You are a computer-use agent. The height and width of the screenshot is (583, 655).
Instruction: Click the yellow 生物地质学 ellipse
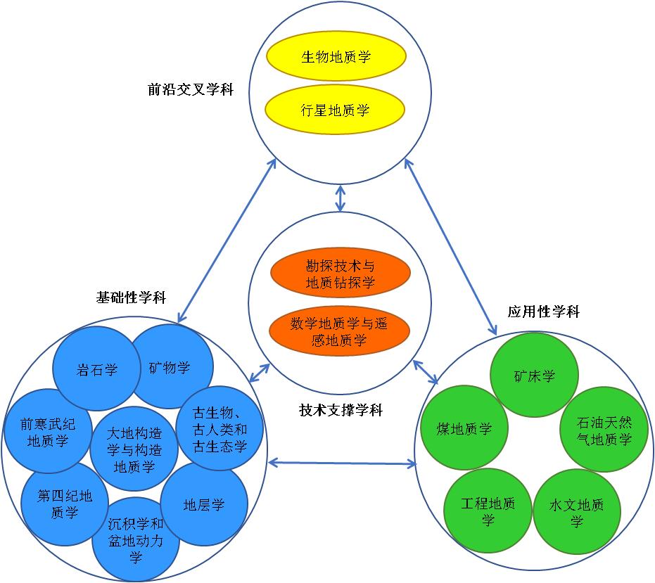pos(336,57)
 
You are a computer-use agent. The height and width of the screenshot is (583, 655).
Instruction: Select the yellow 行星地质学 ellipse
pos(336,110)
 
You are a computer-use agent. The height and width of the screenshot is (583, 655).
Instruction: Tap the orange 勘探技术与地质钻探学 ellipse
pos(341,274)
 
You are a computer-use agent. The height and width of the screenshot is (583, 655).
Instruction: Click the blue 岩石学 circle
pos(96,369)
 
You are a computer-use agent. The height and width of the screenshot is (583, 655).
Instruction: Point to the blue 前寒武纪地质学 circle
pos(47,431)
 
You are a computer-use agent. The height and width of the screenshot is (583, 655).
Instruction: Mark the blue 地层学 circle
pos(204,504)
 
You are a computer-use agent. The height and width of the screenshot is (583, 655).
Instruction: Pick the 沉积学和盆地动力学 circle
pos(135,538)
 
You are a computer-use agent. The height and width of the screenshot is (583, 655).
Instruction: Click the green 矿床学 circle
pos(534,376)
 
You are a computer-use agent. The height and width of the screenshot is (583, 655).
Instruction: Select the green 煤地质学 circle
pos(464,428)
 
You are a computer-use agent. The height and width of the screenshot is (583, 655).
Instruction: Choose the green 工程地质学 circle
pos(488,511)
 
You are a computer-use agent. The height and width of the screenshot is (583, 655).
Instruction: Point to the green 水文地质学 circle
pos(577,512)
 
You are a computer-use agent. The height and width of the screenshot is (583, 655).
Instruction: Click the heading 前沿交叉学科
pos(191,89)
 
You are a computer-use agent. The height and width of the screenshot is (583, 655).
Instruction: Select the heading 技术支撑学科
pos(341,410)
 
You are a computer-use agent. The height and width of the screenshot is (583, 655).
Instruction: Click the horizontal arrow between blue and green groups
pos(343,463)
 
